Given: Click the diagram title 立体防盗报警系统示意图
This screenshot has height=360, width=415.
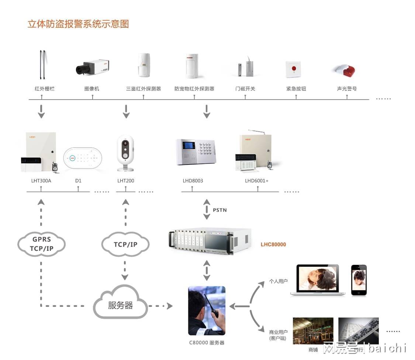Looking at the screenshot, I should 78,24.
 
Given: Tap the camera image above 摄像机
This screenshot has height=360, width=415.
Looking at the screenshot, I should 92,67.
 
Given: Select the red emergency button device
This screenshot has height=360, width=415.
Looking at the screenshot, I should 293,69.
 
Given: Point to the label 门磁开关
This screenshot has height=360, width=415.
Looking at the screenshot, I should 245,89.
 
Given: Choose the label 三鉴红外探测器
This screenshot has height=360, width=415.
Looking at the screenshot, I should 143,89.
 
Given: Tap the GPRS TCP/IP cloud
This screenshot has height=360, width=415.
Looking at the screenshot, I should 42,244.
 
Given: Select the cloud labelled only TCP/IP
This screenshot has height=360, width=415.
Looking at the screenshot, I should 125,245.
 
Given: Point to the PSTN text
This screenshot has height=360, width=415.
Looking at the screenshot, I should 220,210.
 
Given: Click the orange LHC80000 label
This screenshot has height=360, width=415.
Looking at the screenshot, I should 273,245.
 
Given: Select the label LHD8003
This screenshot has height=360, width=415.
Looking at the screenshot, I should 193,181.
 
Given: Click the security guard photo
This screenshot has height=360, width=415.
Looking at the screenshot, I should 207,311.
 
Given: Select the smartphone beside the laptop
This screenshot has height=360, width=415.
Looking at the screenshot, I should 359,280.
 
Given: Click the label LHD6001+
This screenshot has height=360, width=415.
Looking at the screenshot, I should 257,181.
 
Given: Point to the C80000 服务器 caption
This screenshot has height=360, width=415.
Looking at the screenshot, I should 207,343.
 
